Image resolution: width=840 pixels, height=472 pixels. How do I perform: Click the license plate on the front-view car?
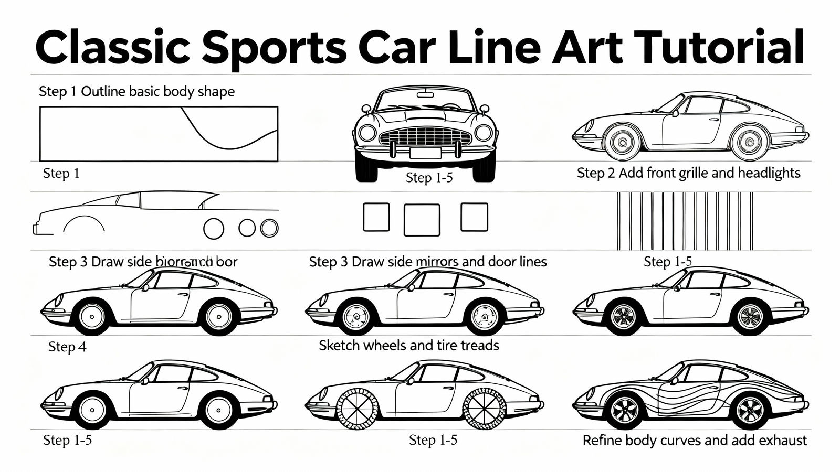pyautogui.click(x=425, y=153)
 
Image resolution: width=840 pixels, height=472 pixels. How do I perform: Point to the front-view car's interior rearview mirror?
pyautogui.click(x=425, y=95)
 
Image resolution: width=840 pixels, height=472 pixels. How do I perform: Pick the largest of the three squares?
pyautogui.click(x=422, y=220)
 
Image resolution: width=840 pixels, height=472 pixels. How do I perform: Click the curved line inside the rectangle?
pyautogui.click(x=226, y=136)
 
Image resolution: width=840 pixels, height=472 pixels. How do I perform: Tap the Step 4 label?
pyautogui.click(x=67, y=347)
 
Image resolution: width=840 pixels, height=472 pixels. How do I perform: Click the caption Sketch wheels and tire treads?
pyautogui.click(x=408, y=345)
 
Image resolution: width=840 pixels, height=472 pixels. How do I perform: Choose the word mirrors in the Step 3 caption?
pyautogui.click(x=438, y=261)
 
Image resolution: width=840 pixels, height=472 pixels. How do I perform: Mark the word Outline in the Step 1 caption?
pyautogui.click(x=103, y=92)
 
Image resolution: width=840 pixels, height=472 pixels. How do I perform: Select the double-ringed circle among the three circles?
pyautogui.click(x=269, y=228)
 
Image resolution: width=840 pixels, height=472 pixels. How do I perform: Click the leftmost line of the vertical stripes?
pyautogui.click(x=619, y=221)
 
